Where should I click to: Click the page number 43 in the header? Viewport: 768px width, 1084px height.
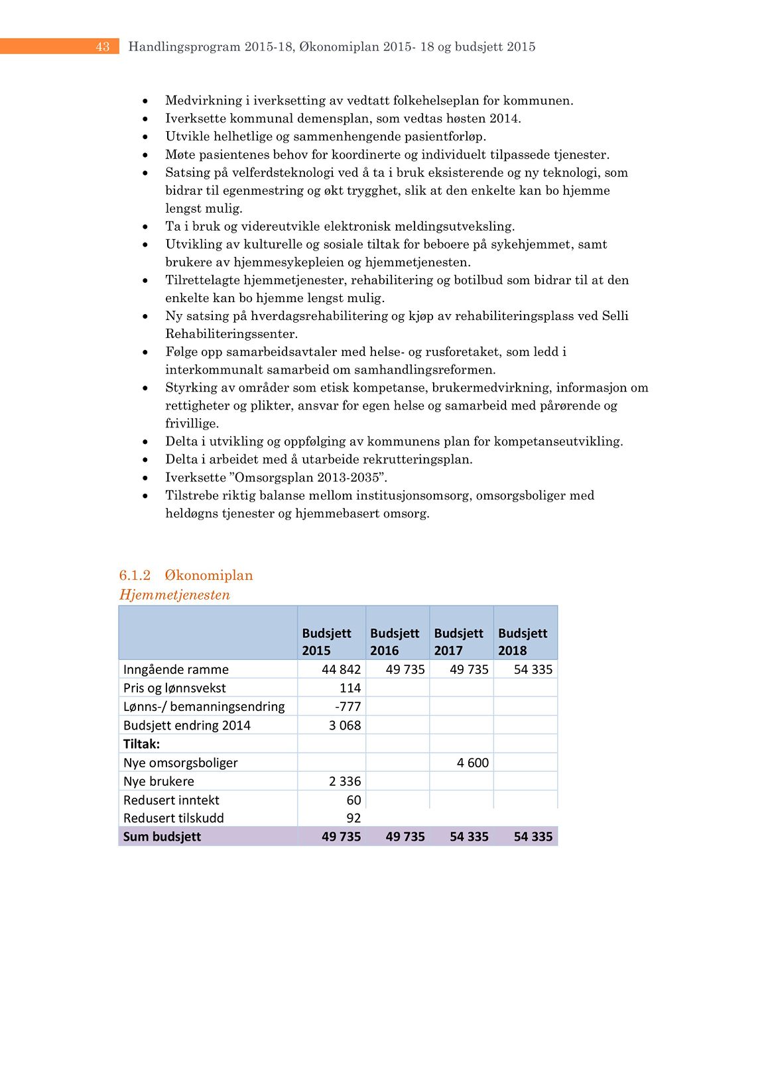(x=102, y=46)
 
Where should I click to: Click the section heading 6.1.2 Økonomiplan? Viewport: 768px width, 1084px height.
(x=186, y=575)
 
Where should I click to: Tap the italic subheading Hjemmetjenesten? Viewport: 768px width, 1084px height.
(x=174, y=595)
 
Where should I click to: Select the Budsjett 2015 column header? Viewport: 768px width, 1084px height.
(x=326, y=641)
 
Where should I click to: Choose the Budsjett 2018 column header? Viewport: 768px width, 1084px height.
(x=523, y=641)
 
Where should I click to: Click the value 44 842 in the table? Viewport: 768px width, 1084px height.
(x=341, y=669)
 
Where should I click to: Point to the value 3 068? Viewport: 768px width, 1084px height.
(x=345, y=725)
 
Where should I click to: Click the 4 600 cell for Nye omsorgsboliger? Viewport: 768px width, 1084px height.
(x=472, y=763)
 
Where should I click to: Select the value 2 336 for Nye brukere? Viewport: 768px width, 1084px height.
(x=345, y=781)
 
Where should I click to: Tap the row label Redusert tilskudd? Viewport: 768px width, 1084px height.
(x=174, y=818)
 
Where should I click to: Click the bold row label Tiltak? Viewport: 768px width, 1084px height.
(x=141, y=744)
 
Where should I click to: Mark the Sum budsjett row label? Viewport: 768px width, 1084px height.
(x=162, y=836)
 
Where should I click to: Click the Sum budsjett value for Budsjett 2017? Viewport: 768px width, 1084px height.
(x=469, y=836)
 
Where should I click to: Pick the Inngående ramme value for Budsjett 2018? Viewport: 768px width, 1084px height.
(x=533, y=669)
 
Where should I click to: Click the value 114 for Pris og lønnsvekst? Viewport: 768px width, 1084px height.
(x=350, y=688)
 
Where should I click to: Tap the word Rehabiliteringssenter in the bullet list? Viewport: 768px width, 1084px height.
(x=231, y=334)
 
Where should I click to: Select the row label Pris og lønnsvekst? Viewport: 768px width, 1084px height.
(x=174, y=688)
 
